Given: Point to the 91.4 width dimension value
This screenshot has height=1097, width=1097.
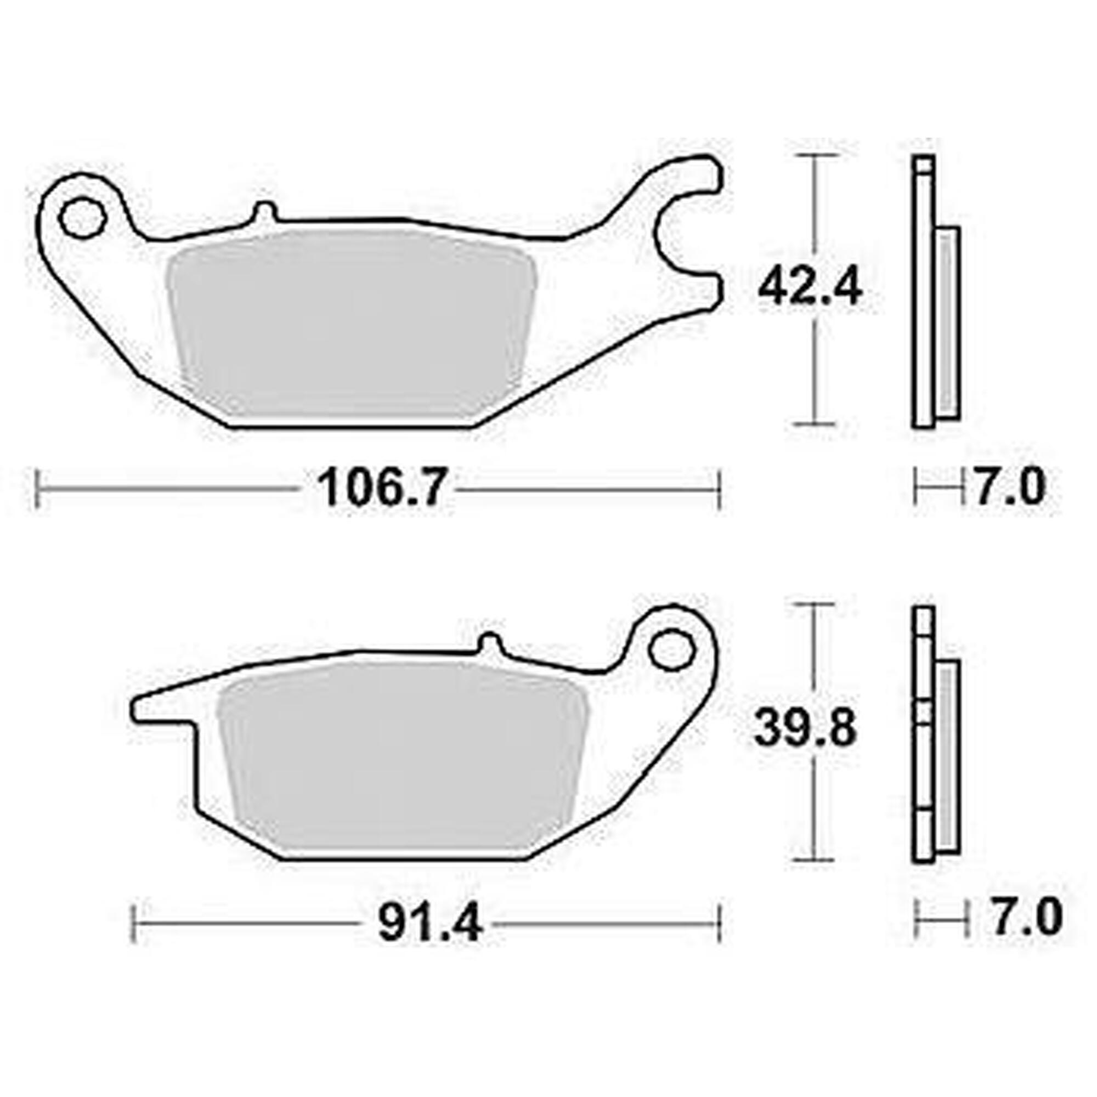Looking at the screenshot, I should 430,923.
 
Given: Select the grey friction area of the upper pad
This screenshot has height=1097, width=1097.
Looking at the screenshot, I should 352,324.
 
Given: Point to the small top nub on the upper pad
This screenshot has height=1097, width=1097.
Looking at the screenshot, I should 264,211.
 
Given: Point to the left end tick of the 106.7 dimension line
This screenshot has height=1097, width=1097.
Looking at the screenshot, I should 38,488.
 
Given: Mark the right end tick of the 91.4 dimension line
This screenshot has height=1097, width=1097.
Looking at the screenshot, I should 719,924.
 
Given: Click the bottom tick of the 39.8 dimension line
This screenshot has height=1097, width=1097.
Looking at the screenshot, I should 816,859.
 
